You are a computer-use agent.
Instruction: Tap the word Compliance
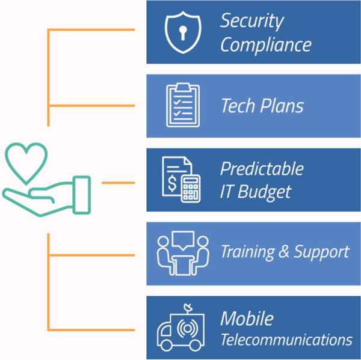pyautogui.click(x=265, y=44)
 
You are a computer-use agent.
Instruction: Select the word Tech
pyautogui.click(x=238, y=106)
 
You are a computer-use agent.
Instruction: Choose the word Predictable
pyautogui.click(x=261, y=168)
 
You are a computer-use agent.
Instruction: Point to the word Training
pyautogui.click(x=247, y=252)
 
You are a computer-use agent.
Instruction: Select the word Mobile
pyautogui.click(x=246, y=318)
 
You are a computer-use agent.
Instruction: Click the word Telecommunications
pyautogui.click(x=286, y=340)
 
